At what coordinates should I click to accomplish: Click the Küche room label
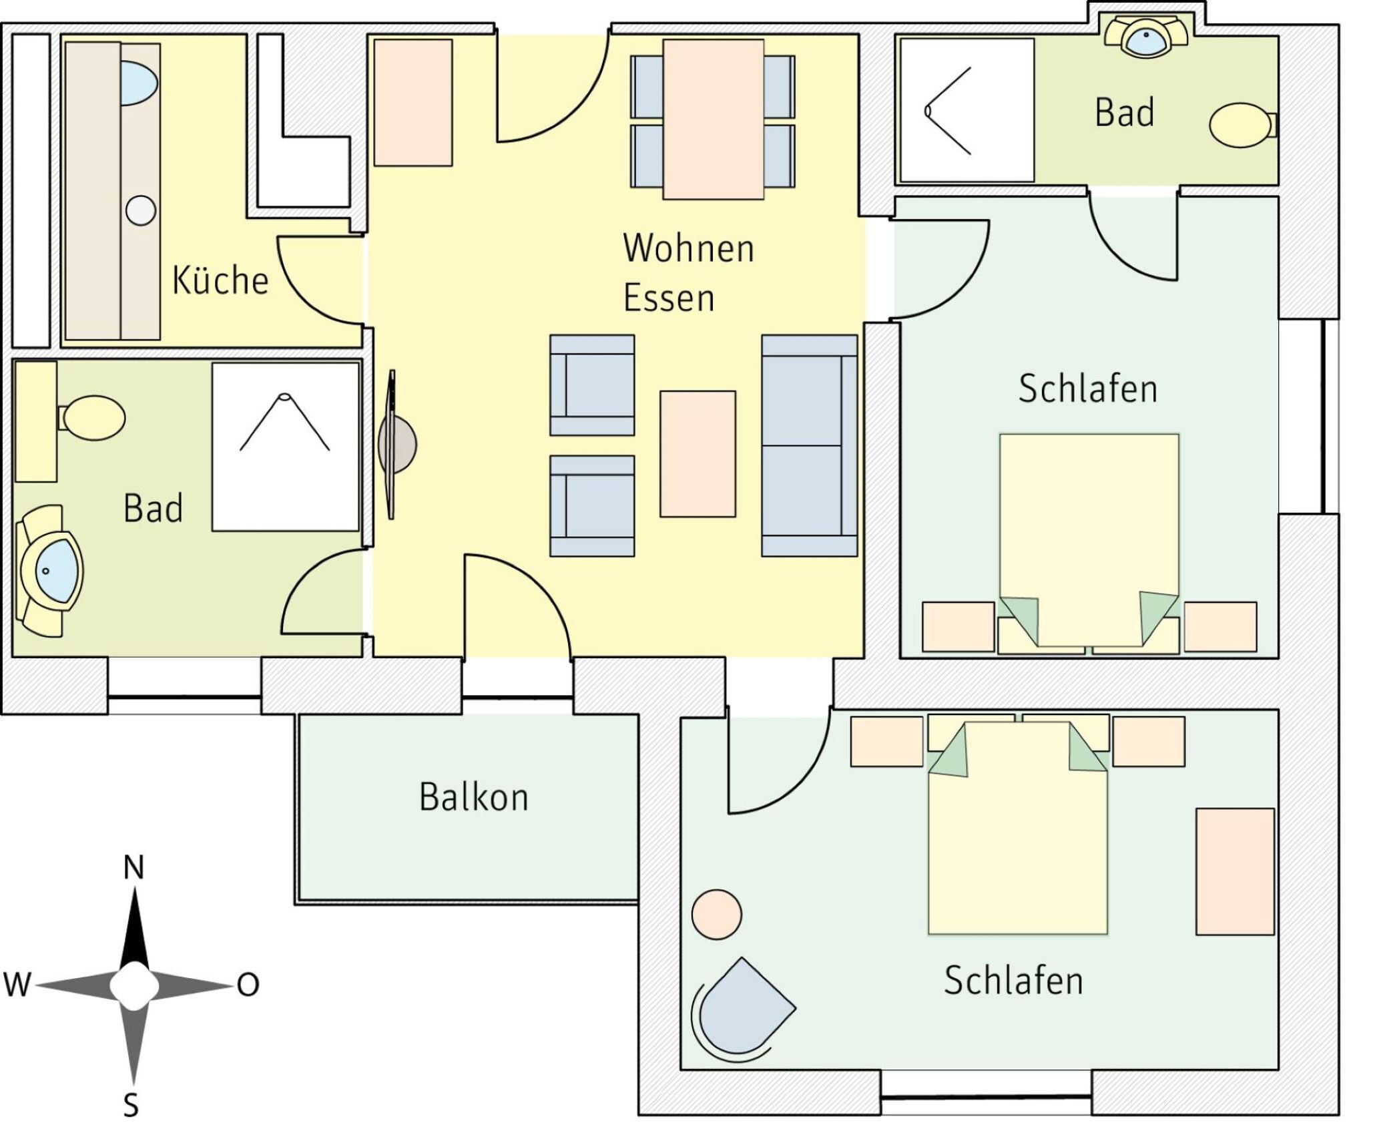[220, 280]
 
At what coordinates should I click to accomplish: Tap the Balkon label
[473, 797]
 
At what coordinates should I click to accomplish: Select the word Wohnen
[688, 248]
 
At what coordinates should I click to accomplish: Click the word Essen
[668, 298]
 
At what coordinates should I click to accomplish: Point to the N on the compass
[134, 868]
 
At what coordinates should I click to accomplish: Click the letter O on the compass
[248, 985]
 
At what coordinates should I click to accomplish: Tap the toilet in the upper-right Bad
[1240, 125]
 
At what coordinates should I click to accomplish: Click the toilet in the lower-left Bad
[94, 417]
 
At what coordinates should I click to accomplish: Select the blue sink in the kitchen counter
[140, 83]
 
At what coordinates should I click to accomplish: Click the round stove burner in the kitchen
[140, 211]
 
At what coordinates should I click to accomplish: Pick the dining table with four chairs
[713, 119]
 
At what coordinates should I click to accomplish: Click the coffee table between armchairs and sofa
[698, 454]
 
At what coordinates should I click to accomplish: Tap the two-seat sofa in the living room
[809, 445]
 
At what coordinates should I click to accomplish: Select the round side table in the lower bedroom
[716, 915]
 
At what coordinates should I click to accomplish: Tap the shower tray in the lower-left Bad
[285, 447]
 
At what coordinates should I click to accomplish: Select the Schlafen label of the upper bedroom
[1087, 389]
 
